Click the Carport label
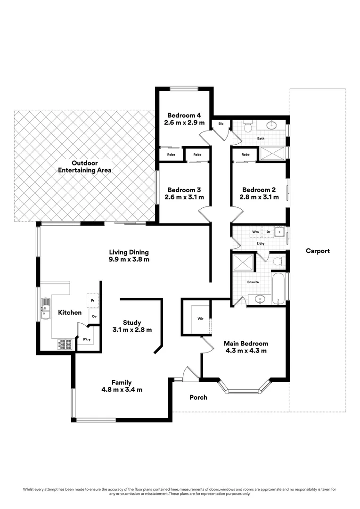(x=317, y=251)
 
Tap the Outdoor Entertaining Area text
(x=84, y=166)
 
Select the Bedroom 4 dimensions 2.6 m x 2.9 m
(x=184, y=123)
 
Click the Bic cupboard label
(x=221, y=125)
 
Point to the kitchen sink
(x=46, y=308)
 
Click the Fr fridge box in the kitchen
(x=92, y=299)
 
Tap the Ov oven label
(x=94, y=316)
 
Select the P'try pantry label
(x=87, y=339)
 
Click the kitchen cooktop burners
(x=65, y=345)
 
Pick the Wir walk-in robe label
(x=200, y=319)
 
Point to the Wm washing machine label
(x=255, y=232)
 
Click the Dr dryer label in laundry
(x=268, y=232)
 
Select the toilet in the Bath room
(x=248, y=126)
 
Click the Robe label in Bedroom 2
(x=245, y=155)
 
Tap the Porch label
(x=198, y=397)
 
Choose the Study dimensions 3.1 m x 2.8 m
(x=132, y=330)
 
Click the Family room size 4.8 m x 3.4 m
(x=122, y=390)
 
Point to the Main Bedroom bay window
(x=244, y=390)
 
